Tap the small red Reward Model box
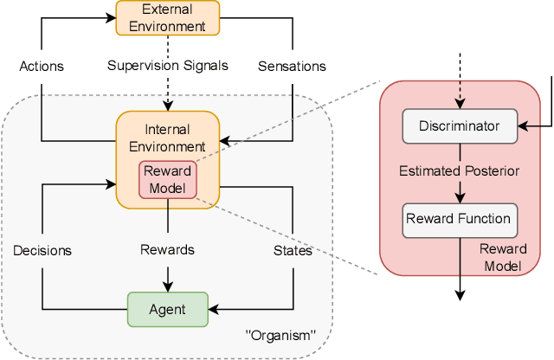(168, 178)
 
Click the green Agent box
(168, 309)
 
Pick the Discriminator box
(459, 126)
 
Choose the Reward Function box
(459, 219)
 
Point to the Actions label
(42, 66)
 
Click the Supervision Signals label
(168, 66)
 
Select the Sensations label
(293, 66)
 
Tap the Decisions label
(42, 250)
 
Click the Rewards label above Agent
(168, 250)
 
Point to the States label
(293, 250)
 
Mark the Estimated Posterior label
(459, 171)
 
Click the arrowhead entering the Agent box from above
(168, 286)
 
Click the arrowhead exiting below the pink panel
(459, 295)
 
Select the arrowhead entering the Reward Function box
(459, 198)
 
